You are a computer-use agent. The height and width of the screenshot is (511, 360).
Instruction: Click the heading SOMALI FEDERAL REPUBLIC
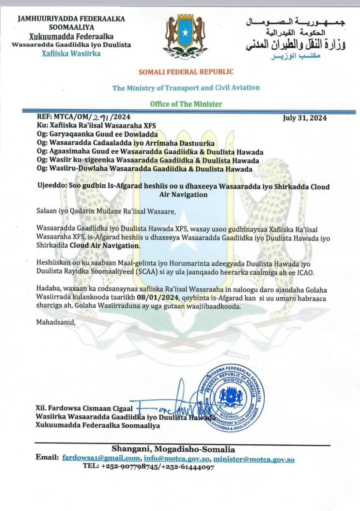pyautogui.click(x=186, y=72)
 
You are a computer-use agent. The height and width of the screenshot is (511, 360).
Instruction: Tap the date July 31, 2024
pyautogui.click(x=305, y=118)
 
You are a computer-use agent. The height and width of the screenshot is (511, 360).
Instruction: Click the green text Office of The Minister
pyautogui.click(x=186, y=104)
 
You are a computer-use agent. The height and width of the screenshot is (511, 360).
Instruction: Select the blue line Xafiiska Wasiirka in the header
pyautogui.click(x=71, y=53)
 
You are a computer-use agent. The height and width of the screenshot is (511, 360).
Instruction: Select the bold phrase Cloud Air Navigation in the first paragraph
pyautogui.click(x=105, y=246)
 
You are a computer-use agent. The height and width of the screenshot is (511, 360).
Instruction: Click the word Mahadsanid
pyautogui.click(x=56, y=322)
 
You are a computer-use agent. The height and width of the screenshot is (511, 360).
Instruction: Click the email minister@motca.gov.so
pyautogui.click(x=254, y=459)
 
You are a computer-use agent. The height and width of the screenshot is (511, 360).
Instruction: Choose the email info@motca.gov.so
pyautogui.click(x=177, y=459)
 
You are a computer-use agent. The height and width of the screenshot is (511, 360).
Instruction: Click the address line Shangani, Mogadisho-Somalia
pyautogui.click(x=173, y=449)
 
